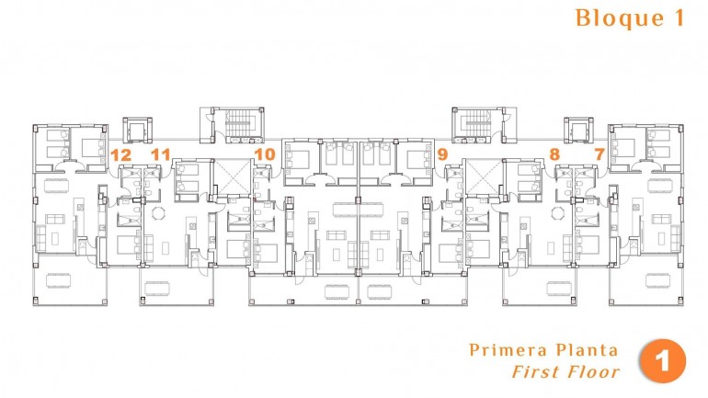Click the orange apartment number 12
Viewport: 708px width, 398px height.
coord(120,154)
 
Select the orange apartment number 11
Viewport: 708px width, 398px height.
coord(161,154)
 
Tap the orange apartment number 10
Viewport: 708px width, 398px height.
coord(265,154)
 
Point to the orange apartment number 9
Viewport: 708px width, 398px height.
coord(443,154)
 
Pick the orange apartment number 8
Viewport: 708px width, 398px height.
coord(554,154)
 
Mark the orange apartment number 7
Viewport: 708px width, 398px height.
coord(600,154)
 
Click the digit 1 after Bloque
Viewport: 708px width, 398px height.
coord(679,18)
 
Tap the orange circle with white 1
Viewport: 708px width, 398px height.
coord(663,360)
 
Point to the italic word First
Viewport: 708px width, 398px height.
coord(534,372)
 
